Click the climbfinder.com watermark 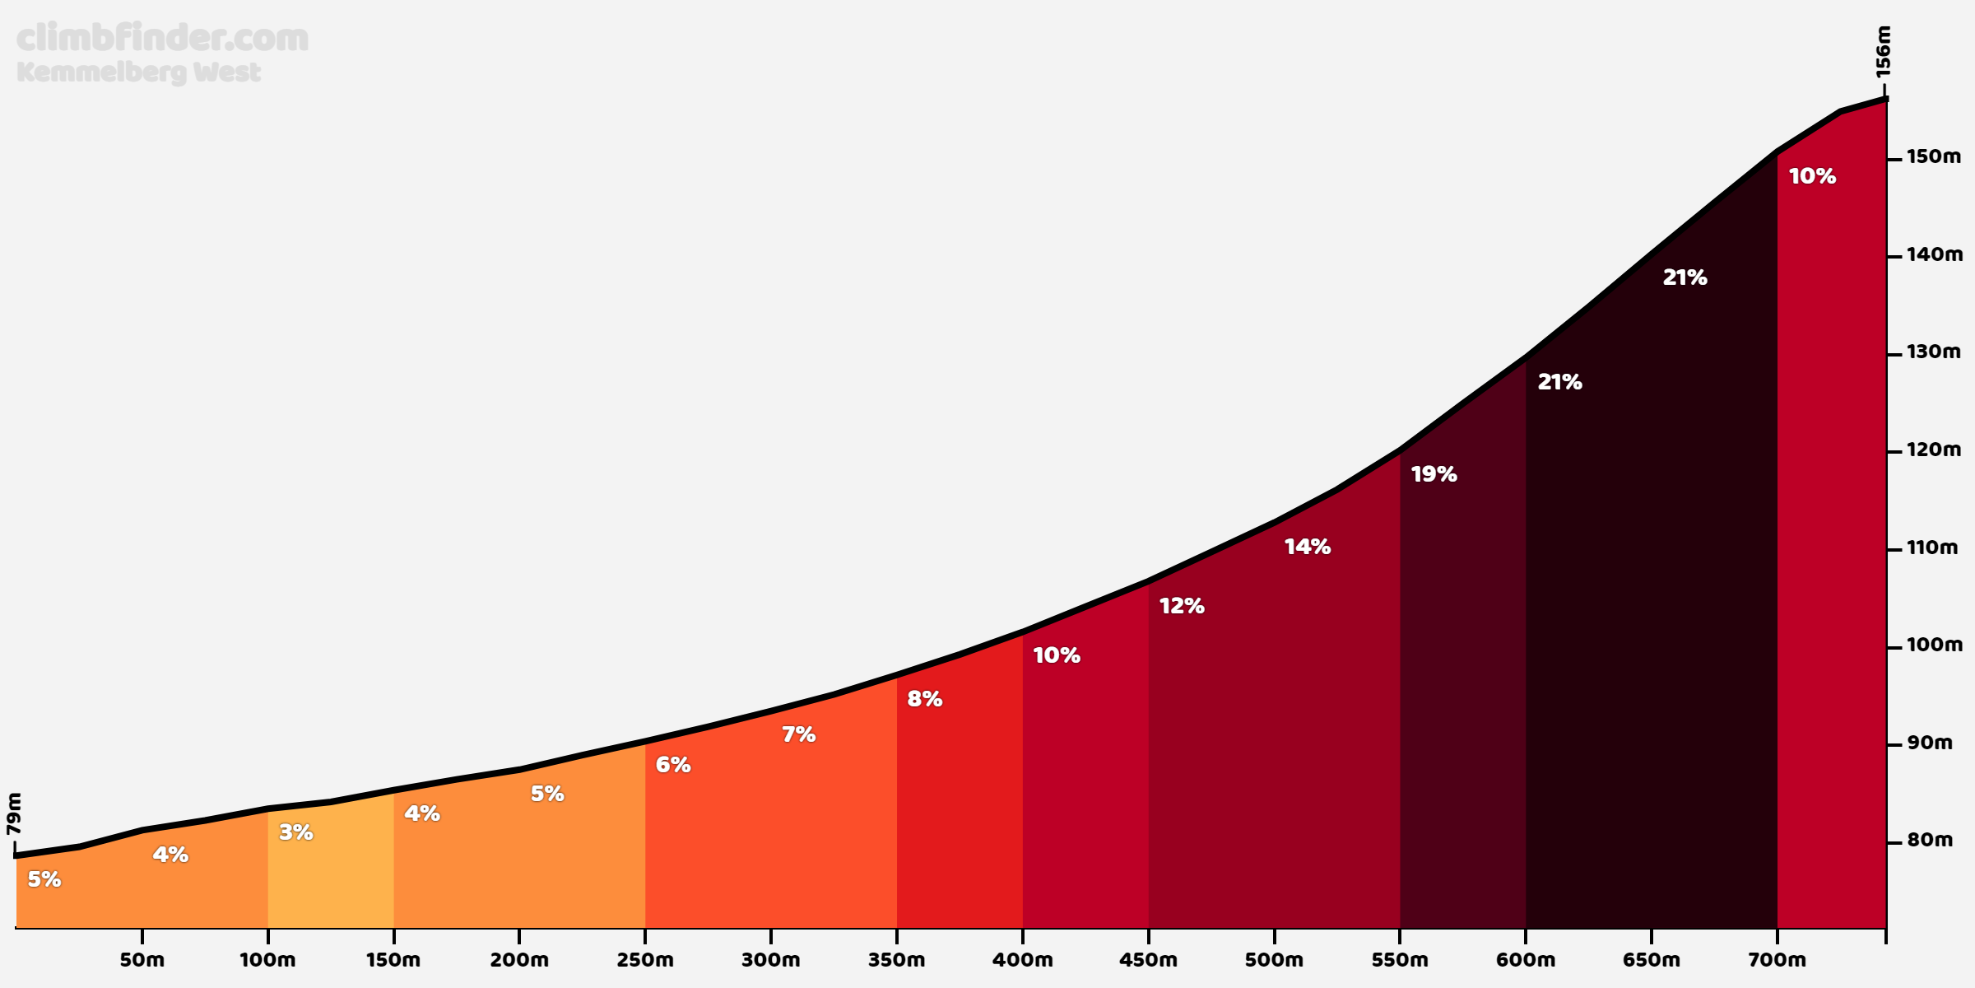(162, 39)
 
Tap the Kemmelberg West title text (138, 72)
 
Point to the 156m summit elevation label (1884, 52)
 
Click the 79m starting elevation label (14, 813)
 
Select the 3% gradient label (296, 832)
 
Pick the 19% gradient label (1434, 474)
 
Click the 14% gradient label (1307, 547)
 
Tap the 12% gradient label (1182, 606)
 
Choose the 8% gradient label (925, 699)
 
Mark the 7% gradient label (798, 734)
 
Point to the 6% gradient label (673, 765)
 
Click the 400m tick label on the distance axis (1022, 960)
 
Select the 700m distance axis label (1777, 960)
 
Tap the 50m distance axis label (142, 960)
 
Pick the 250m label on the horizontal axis (645, 960)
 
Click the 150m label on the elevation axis (1934, 156)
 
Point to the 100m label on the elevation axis (1934, 645)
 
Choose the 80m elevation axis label (1930, 840)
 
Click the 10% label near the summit (1812, 176)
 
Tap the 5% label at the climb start (44, 879)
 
